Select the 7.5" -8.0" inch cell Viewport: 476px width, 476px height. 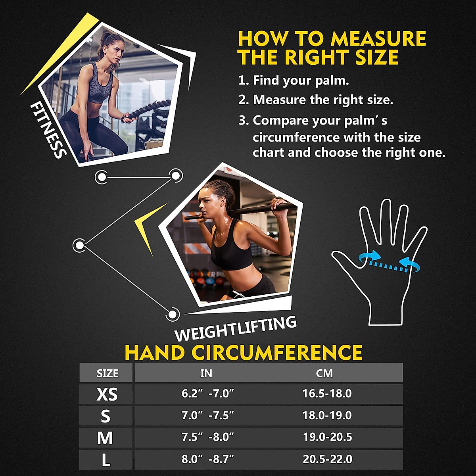click(x=207, y=437)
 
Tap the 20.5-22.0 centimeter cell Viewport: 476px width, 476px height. click(x=327, y=459)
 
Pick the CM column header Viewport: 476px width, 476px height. click(x=324, y=373)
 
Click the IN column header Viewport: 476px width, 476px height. click(x=206, y=373)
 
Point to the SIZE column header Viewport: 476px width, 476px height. click(x=107, y=373)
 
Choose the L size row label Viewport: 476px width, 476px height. click(x=106, y=460)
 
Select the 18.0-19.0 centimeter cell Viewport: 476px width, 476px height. click(x=327, y=415)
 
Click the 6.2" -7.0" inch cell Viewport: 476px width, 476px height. click(x=207, y=393)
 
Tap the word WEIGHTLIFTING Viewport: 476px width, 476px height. click(x=236, y=329)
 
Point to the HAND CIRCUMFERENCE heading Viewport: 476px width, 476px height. click(x=244, y=353)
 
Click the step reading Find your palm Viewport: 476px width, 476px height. click(x=294, y=81)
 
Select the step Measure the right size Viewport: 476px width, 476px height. click(x=316, y=100)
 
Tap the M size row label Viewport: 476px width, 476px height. click(x=105, y=438)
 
